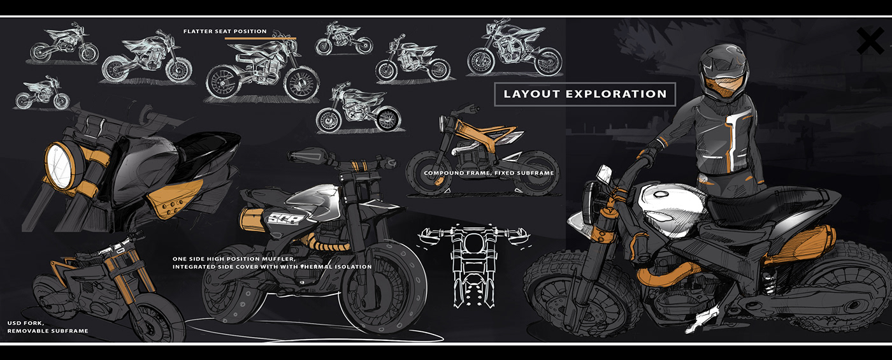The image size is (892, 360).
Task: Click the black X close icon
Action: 870,41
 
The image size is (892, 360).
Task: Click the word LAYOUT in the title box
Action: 530,94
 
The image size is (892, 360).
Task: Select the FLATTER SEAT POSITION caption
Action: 225,31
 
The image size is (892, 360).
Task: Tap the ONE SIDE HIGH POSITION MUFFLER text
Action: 234,259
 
